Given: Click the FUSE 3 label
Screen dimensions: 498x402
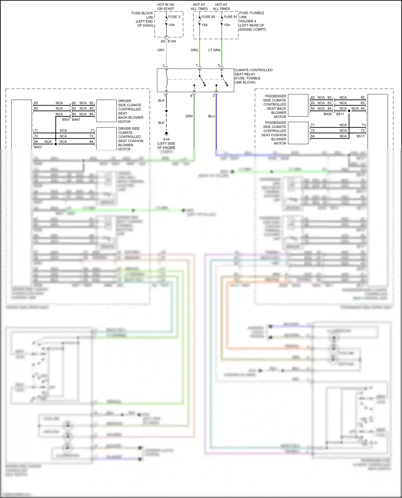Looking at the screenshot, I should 174,17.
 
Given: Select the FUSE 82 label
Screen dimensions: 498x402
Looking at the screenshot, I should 208,17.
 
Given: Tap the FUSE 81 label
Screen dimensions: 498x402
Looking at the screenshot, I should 230,17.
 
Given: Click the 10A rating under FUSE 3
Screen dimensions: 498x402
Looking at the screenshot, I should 171,25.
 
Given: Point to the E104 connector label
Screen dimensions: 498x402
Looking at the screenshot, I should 172,41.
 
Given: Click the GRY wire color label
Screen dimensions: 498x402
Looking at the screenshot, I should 161,50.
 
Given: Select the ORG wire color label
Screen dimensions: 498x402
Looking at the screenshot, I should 194,50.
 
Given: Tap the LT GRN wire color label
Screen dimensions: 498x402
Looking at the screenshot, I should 214,50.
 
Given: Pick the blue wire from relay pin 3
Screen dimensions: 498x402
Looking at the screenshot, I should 216,126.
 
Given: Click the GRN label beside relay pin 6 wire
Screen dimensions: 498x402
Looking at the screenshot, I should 189,116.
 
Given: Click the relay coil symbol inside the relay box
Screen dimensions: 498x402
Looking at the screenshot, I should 167,79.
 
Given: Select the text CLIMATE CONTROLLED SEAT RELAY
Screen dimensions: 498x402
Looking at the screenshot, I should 253,72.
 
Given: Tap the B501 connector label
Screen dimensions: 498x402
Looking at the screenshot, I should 66,120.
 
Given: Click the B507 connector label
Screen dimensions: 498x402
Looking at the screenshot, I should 38,147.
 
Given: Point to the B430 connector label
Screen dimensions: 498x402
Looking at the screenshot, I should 327,114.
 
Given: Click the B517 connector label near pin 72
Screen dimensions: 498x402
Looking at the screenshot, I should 360,136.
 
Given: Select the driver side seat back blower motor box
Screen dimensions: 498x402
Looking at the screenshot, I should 106,111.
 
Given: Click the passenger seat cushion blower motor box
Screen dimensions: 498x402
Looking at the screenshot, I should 298,133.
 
